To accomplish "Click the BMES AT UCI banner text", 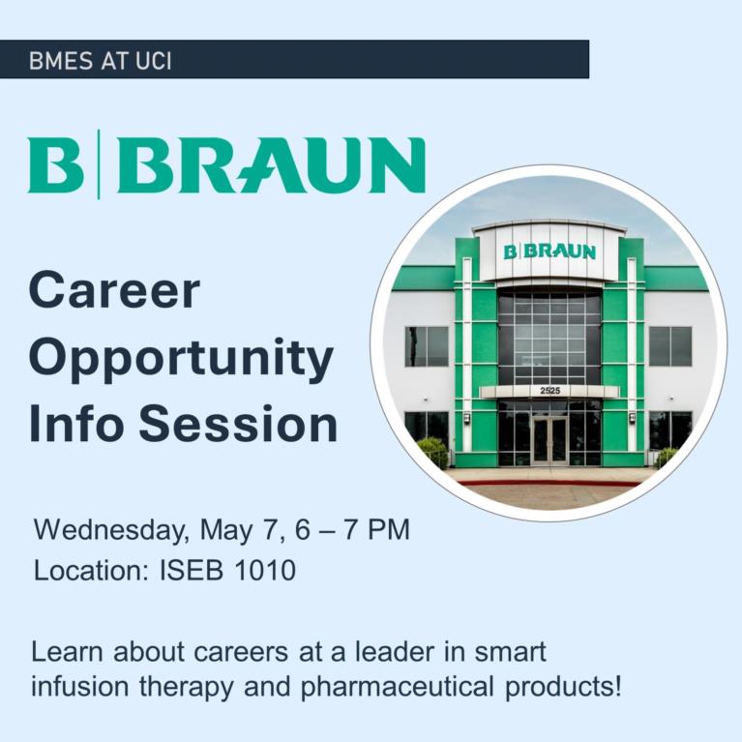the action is [100, 61].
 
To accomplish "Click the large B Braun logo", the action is [226, 164].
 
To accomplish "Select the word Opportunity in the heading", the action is [181, 358].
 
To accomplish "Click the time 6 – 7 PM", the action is [352, 529].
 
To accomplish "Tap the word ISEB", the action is [192, 570].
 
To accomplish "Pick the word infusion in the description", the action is [79, 686].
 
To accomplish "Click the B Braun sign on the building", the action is [549, 252].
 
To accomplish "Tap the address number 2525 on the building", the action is [550, 391].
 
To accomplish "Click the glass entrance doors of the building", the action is [549, 440].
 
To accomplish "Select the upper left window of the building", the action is [427, 346].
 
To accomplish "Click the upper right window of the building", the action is [670, 346].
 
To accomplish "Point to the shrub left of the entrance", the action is [432, 453].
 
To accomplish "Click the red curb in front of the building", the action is [549, 483].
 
